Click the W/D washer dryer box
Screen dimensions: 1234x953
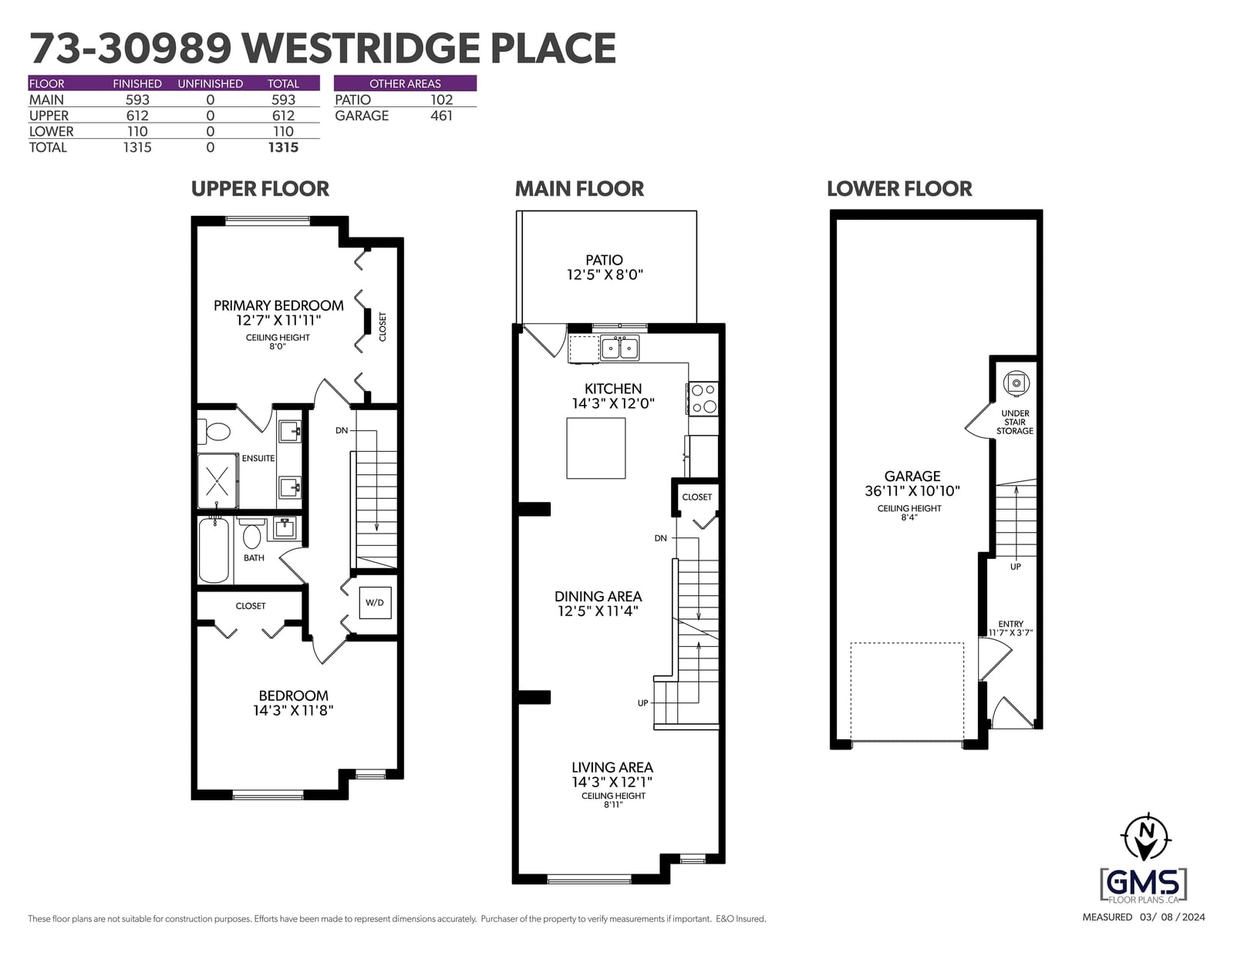375,603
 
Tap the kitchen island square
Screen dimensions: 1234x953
595,449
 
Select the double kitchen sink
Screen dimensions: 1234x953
619,348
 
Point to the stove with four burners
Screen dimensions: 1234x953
703,399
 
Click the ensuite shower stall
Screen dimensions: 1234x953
217,481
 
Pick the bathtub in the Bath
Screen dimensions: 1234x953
214,550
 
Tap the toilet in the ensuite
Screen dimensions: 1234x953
214,432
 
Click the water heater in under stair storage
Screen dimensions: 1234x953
1016,383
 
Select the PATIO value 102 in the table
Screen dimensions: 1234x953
441,100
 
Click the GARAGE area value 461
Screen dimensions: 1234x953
441,116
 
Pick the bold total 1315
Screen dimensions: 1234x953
283,147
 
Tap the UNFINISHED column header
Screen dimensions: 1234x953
210,84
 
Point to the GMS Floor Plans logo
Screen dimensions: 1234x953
1143,884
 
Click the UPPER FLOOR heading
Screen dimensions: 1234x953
260,189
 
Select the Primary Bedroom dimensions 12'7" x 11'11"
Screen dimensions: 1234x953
278,320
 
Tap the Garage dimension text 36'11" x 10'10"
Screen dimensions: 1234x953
912,491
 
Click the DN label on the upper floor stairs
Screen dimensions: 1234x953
342,430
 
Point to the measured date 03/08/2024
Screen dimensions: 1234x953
1172,918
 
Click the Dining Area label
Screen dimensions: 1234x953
598,597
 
